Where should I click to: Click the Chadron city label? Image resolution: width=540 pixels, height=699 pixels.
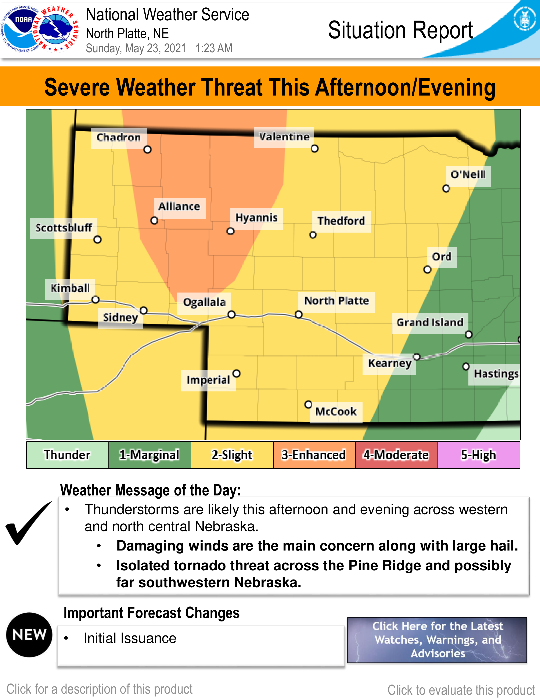119,137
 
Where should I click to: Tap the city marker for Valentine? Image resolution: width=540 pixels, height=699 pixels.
315,149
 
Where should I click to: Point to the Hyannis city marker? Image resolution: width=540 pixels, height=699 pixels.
231,231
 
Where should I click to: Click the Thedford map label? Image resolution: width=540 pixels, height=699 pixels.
341,221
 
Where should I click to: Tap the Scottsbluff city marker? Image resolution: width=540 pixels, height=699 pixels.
98,240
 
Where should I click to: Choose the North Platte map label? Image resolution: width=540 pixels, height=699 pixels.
336,301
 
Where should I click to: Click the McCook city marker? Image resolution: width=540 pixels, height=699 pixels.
308,404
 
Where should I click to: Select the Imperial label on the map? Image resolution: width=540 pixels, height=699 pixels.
208,380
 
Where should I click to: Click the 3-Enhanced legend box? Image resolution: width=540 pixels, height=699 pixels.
314,455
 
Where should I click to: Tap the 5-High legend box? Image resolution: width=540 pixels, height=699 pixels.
479,455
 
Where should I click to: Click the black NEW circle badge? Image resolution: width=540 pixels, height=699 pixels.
29,635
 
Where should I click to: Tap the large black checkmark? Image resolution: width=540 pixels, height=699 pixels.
28,522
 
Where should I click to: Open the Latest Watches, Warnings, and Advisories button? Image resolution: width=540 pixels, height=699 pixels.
437,640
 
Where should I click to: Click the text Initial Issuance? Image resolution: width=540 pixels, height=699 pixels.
130,638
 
